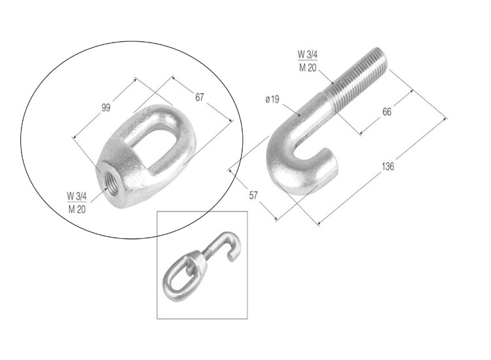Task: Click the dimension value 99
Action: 106,108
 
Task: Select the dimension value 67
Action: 200,98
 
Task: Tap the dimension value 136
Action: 388,166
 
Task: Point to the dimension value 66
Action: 387,112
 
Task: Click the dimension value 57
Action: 253,195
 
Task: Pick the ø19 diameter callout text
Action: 272,99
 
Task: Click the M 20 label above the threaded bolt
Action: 308,67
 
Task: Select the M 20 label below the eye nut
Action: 77,209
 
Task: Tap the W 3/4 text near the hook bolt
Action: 308,54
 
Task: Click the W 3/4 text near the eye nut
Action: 77,196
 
